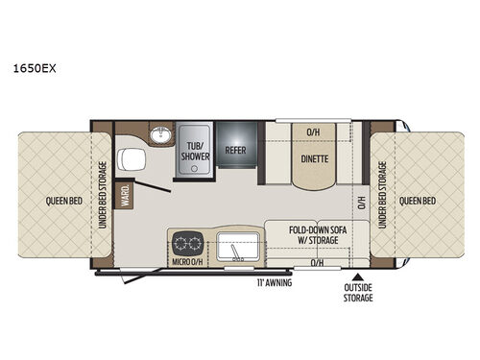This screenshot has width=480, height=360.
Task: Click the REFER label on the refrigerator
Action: (237, 151)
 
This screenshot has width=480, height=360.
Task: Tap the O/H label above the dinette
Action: (313, 132)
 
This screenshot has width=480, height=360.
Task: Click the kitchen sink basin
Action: (235, 247)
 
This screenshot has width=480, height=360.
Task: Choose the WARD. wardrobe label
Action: (126, 198)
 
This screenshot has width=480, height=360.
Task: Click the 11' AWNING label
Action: (274, 283)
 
